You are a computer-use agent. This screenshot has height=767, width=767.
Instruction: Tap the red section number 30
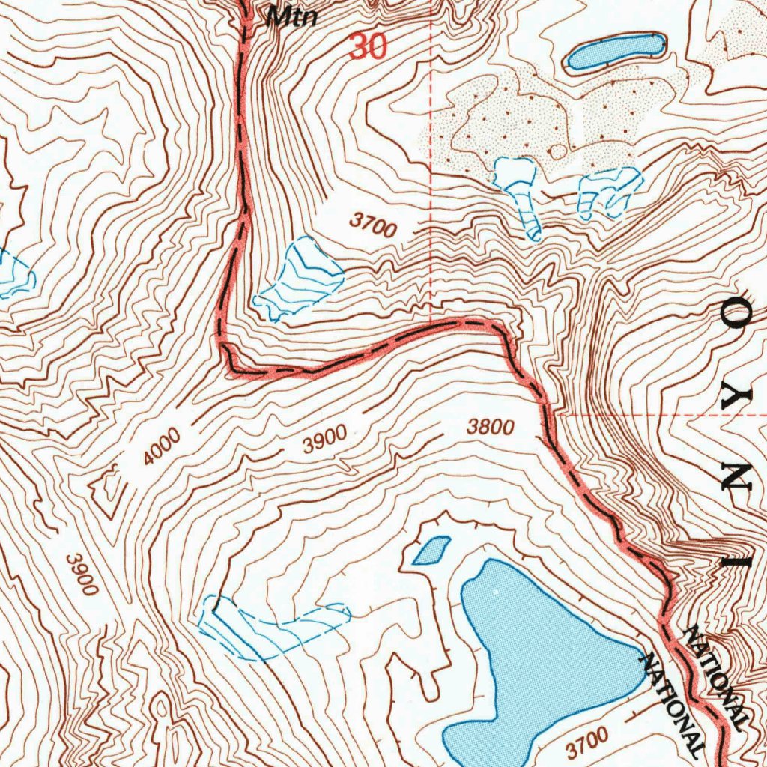368,47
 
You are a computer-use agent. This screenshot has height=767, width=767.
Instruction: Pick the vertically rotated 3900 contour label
82,574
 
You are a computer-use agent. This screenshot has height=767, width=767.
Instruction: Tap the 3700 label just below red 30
372,225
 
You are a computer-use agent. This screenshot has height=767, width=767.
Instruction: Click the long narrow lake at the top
616,52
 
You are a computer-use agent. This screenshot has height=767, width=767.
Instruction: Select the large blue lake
539,659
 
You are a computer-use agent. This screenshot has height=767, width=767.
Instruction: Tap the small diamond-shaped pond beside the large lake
431,551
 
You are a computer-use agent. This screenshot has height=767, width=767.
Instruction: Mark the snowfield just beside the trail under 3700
300,281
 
